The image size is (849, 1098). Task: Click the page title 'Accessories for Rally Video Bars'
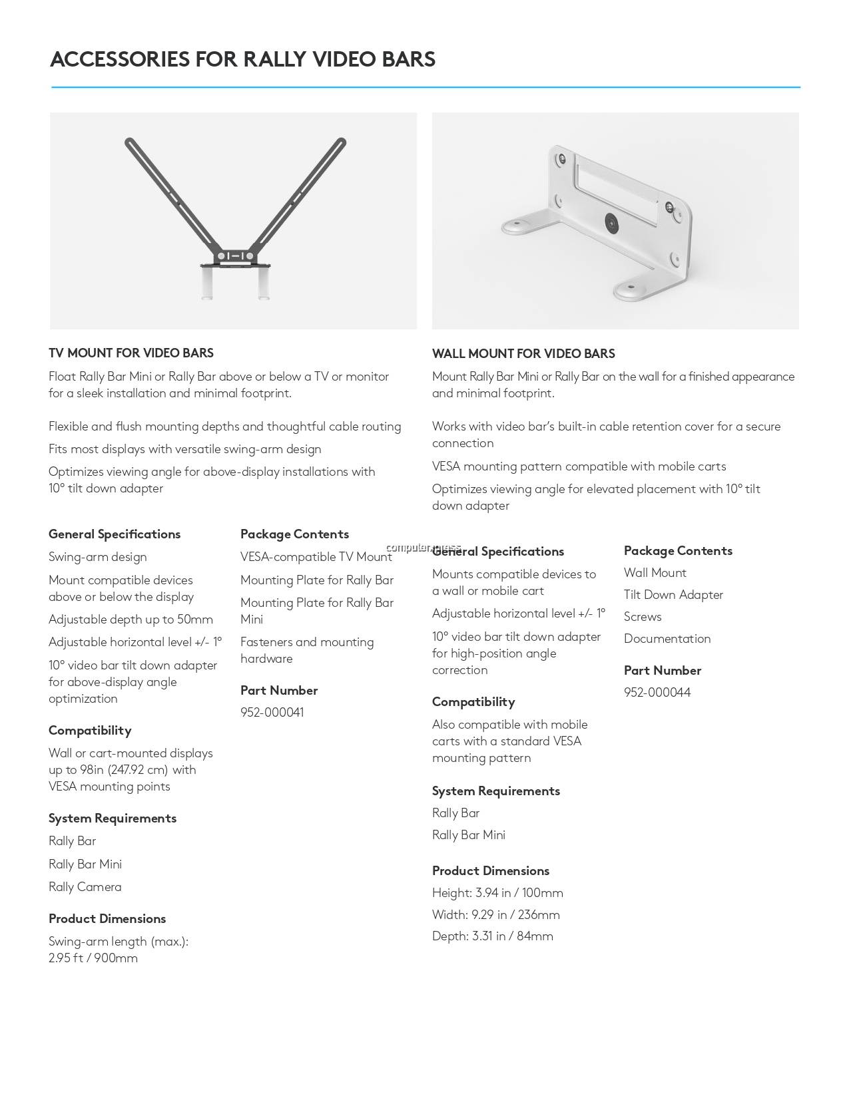click(242, 59)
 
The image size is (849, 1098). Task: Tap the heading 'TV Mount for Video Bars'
click(131, 353)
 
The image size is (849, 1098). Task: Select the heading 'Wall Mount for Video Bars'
click(523, 354)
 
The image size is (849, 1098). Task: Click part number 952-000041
click(272, 713)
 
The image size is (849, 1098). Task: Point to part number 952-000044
click(657, 693)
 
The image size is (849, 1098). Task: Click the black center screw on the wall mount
click(611, 223)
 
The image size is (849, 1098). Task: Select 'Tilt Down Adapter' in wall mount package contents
click(673, 595)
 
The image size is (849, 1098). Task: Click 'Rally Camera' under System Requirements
click(85, 887)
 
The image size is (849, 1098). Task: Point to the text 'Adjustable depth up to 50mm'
click(131, 620)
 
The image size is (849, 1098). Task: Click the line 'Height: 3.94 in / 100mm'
click(497, 893)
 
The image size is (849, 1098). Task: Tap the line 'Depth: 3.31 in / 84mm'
click(492, 936)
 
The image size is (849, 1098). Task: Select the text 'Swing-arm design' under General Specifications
click(98, 557)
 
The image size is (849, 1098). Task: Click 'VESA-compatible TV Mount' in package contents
click(316, 557)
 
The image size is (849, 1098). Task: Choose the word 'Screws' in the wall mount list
click(643, 617)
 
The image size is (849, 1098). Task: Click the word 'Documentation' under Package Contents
click(667, 639)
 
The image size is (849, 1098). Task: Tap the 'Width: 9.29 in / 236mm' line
click(495, 915)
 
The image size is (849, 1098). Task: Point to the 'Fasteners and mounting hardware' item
click(307, 650)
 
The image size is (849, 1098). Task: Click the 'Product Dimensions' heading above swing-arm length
click(107, 919)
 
